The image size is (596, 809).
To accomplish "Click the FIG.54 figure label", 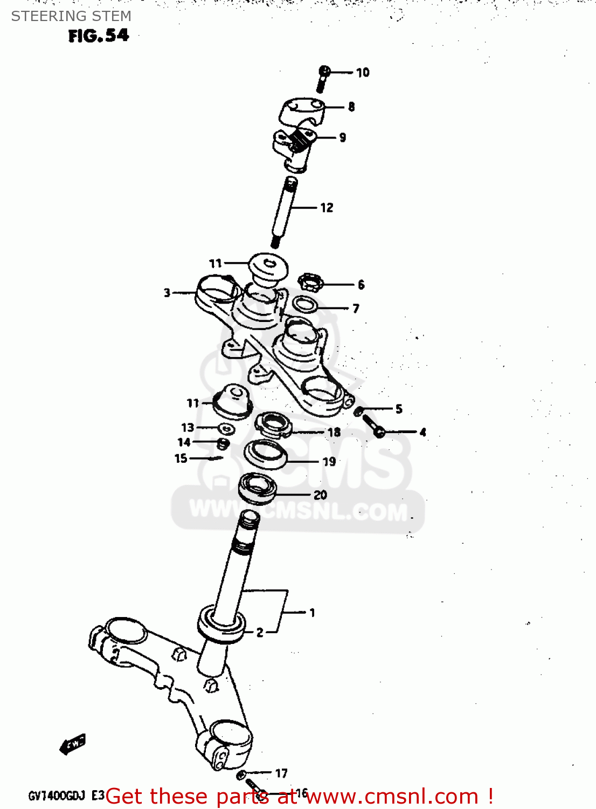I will (99, 36).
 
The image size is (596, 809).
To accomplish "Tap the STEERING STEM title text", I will (71, 16).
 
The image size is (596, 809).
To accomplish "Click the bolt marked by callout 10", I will (323, 79).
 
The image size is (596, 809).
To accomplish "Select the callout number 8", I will (351, 107).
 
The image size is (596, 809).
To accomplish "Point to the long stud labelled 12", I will (283, 211).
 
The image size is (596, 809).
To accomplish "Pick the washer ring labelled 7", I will (305, 304).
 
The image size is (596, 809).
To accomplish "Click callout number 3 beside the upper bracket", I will (167, 293).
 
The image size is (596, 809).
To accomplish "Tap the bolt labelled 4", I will (373, 425).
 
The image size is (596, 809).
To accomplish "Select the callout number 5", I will (399, 409).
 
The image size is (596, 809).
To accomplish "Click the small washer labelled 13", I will (226, 429).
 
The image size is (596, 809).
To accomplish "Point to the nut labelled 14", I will (223, 444).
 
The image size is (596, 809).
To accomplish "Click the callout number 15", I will (181, 458).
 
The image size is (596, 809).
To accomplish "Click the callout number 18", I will (334, 432).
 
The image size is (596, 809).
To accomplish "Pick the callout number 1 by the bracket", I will (312, 613).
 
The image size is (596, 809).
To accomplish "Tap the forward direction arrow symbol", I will (72, 744).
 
